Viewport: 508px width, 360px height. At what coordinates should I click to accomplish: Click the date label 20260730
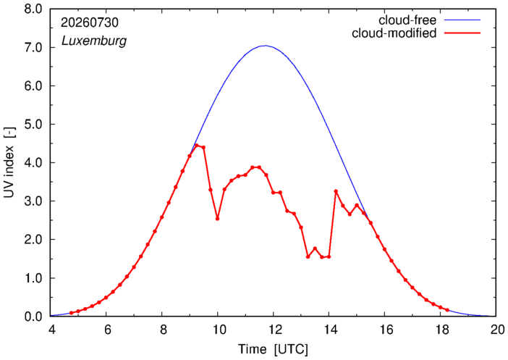90,22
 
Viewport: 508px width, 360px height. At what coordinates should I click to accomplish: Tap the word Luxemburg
94,41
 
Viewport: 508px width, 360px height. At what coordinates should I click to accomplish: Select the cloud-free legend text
407,20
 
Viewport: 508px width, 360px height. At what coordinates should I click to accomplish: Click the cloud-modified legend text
394,33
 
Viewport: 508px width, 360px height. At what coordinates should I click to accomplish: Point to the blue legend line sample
462,20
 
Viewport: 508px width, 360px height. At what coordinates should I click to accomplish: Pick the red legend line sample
462,33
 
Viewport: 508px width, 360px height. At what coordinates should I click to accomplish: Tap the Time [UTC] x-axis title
273,350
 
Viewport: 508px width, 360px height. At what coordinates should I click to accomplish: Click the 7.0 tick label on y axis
33,48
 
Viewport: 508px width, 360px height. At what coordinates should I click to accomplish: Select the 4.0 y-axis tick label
33,163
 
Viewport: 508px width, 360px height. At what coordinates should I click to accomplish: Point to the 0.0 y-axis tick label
33,317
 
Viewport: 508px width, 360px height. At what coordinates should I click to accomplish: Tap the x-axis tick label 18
442,330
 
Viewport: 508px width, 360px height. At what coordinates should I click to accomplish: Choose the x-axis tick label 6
107,330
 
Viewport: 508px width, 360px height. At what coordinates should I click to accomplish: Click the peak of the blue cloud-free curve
266,46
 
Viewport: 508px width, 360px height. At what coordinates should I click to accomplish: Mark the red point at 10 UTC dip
217,219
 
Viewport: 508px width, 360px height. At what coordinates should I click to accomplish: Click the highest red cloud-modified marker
197,146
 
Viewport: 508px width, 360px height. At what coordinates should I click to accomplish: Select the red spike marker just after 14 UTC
336,191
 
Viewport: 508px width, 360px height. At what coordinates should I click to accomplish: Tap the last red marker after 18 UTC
447,310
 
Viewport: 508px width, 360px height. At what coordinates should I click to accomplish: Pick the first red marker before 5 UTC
71,313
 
